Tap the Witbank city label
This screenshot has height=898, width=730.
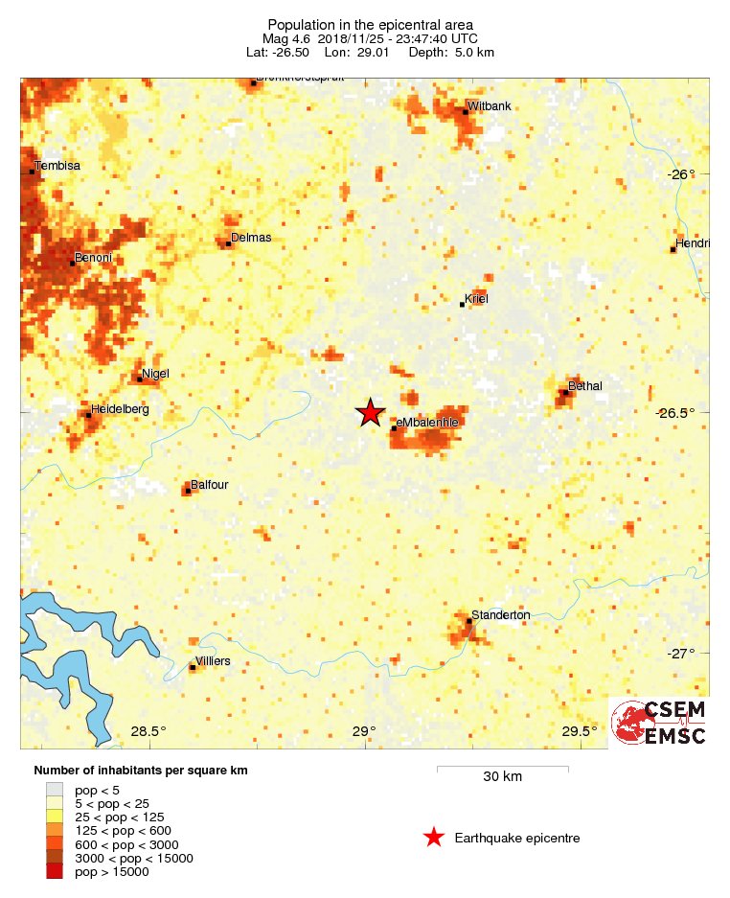coord(490,105)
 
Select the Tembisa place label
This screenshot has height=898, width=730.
coord(57,166)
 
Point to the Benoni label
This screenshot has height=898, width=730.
coord(93,258)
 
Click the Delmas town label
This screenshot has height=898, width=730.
coord(251,238)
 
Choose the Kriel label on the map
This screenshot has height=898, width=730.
coord(476,299)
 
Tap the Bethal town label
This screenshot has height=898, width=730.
coord(585,385)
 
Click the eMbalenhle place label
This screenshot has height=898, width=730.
coord(428,423)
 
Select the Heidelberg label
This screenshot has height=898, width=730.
coord(119,409)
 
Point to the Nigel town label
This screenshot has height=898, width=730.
coord(155,374)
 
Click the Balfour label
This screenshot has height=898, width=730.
coord(209,485)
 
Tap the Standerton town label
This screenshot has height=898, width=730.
coord(500,615)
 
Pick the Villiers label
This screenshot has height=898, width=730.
coord(213,661)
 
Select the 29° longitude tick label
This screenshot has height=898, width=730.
coord(363,732)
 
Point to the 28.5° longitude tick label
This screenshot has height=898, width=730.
coord(148,732)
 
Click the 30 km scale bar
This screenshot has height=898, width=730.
coord(502,768)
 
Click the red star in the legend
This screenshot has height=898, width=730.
coord(434,838)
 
